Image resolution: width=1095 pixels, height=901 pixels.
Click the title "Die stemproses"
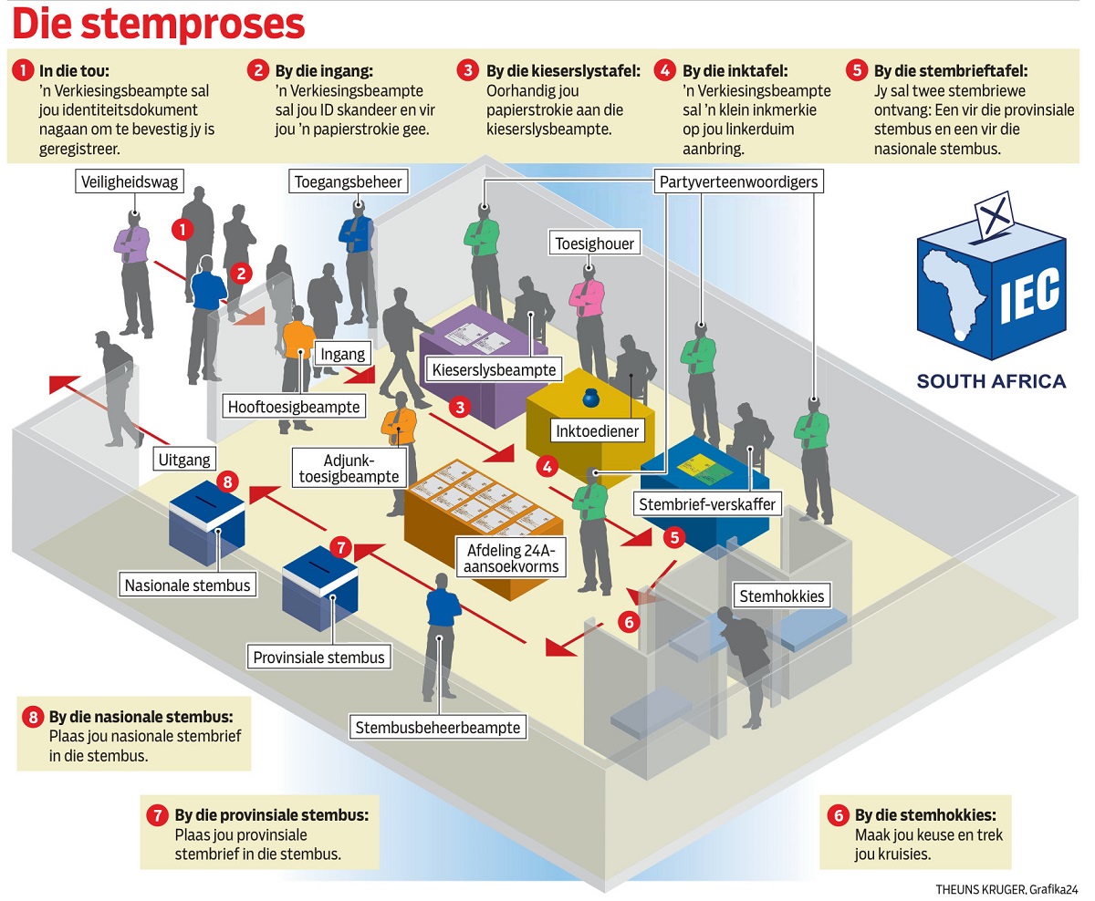click(x=157, y=25)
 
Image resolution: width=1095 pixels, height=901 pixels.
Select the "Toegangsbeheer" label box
click(x=348, y=182)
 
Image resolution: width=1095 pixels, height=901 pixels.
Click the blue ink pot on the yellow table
click(x=589, y=399)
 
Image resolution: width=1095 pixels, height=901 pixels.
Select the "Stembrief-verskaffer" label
click(x=708, y=503)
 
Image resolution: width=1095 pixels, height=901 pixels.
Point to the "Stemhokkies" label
click(x=781, y=596)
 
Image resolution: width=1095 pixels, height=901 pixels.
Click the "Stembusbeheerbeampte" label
click(x=439, y=727)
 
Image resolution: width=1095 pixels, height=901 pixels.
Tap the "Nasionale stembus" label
click(x=188, y=585)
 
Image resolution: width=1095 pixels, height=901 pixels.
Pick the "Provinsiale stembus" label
click(x=319, y=657)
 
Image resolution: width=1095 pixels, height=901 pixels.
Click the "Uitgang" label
click(x=184, y=461)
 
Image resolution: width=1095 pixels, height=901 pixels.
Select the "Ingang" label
click(x=343, y=354)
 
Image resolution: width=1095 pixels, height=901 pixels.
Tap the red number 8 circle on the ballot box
click(x=228, y=481)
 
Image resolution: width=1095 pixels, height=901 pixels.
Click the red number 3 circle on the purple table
click(x=462, y=407)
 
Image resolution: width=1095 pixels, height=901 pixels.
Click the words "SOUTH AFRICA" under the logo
click(x=991, y=381)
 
